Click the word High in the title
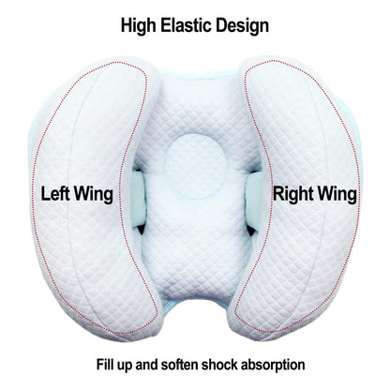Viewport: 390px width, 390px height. tap(138, 25)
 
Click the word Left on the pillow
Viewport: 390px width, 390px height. tap(55, 194)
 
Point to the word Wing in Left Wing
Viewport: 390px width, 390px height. tap(94, 195)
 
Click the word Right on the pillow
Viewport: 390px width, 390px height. tap(292, 195)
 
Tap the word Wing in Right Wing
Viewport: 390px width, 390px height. tap(336, 195)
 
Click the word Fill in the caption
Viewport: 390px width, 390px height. tap(106, 365)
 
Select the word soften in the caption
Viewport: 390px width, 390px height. tap(179, 365)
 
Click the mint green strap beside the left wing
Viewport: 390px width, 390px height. tap(138, 198)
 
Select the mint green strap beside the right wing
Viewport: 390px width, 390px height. tap(254, 198)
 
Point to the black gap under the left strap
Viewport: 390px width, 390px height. tap(141, 229)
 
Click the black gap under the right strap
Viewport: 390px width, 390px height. tap(251, 231)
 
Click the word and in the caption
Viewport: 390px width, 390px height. tap(147, 365)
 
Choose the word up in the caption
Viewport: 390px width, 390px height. tap(125, 366)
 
